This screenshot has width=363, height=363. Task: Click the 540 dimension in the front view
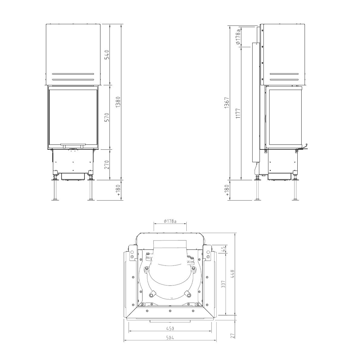pyautogui.click(x=107, y=55)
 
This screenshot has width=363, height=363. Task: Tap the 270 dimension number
pyautogui.click(x=107, y=165)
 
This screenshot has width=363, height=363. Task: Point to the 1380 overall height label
pyautogui.click(x=118, y=102)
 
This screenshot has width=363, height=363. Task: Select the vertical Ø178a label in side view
pyautogui.click(x=238, y=37)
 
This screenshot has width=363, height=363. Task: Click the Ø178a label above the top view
pyautogui.click(x=170, y=221)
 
